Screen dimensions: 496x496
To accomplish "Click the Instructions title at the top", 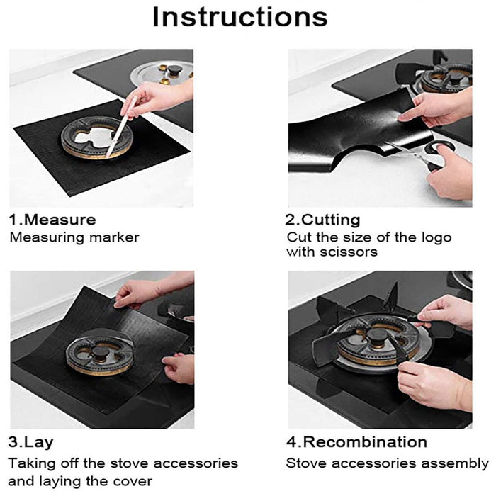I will point(240,17).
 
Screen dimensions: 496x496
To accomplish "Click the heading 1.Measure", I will point(52,220).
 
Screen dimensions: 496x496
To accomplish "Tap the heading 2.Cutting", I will point(322,220).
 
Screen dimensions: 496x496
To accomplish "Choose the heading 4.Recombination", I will point(356,443).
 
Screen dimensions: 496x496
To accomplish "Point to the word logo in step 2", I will point(434,237).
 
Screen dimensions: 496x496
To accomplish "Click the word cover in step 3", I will point(134,481).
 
